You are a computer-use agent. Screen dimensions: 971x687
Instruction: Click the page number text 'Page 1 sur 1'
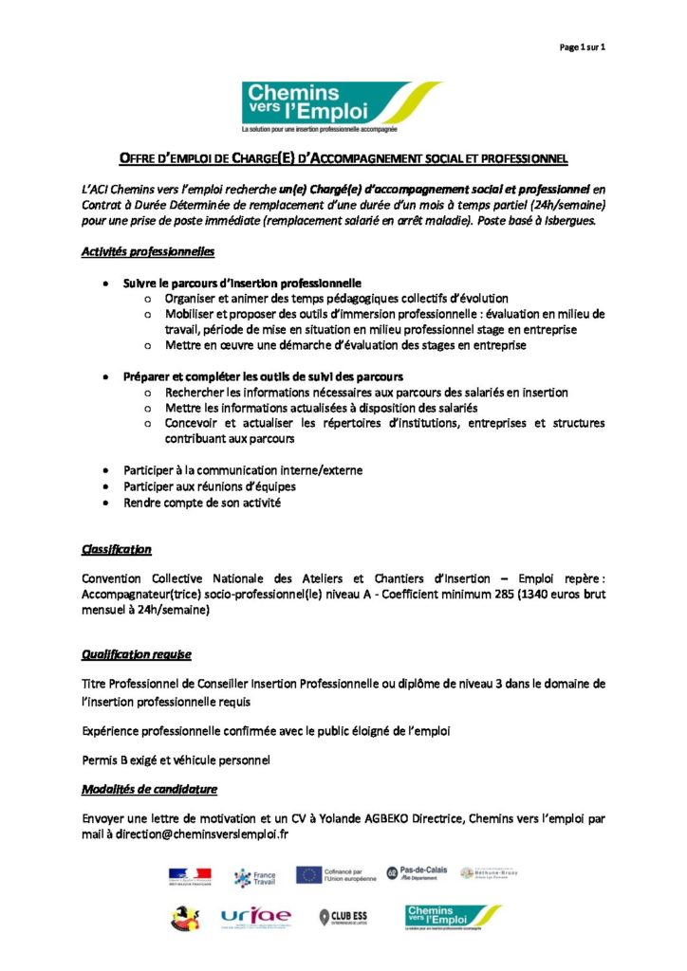582,46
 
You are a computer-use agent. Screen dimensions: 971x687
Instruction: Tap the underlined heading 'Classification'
116,549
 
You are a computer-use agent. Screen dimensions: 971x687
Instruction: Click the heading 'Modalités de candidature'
149,789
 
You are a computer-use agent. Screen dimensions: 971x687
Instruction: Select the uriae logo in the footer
255,917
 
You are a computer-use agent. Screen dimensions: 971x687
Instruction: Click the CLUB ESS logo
344,917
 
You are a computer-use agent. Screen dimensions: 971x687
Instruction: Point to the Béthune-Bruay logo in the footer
487,873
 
